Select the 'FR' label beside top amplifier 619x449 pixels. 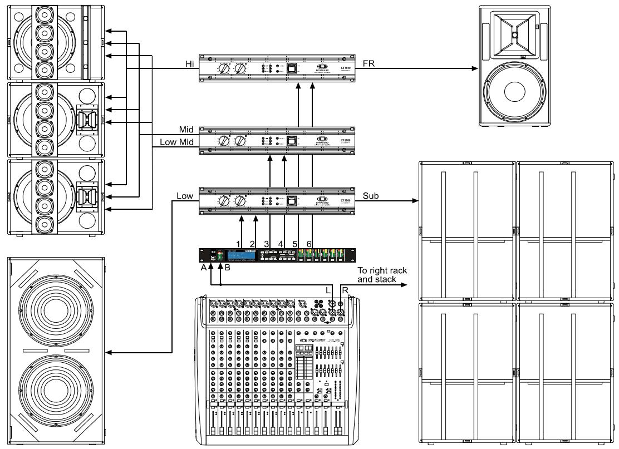(369, 63)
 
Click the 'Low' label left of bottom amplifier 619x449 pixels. (184, 196)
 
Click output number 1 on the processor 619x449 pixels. (238, 243)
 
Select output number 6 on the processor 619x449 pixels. (309, 243)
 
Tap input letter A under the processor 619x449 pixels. (204, 267)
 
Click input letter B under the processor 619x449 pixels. (225, 267)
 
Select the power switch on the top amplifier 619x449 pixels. (292, 69)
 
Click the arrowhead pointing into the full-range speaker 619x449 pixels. (475, 69)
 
